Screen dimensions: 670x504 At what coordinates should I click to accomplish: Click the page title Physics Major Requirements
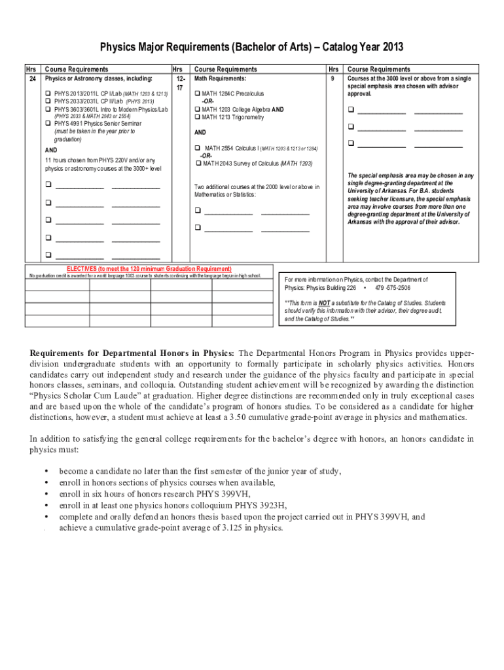coord(251,47)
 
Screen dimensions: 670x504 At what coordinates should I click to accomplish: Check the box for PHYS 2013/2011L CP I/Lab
coord(48,94)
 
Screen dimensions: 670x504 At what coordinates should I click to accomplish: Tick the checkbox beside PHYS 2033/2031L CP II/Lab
coord(48,101)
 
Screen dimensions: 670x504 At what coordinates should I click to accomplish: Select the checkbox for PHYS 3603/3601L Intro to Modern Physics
coord(48,109)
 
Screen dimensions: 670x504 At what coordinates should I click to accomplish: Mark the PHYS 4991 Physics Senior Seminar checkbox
coord(48,123)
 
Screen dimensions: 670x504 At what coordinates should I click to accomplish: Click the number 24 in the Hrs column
coord(31,79)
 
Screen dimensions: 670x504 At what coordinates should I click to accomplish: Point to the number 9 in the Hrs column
coord(333,79)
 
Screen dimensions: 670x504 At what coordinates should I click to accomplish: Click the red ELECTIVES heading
coord(149,269)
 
